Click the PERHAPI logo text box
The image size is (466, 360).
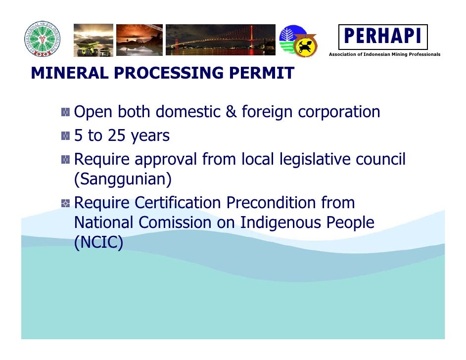pyautogui.click(x=382, y=37)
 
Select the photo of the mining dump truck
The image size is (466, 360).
pyautogui.click(x=93, y=40)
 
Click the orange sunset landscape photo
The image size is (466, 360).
pyautogui.click(x=139, y=40)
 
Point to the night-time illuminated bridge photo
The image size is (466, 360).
pyautogui.click(x=220, y=40)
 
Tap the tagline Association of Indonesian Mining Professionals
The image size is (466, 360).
pyautogui.click(x=384, y=54)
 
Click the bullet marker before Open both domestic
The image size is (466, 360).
pyautogui.click(x=65, y=113)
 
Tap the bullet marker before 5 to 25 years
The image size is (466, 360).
pyautogui.click(x=65, y=136)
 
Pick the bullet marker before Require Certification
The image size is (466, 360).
pyautogui.click(x=65, y=203)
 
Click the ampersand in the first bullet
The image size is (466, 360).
pyautogui.click(x=231, y=113)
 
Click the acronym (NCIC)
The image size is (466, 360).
pyautogui.click(x=98, y=243)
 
